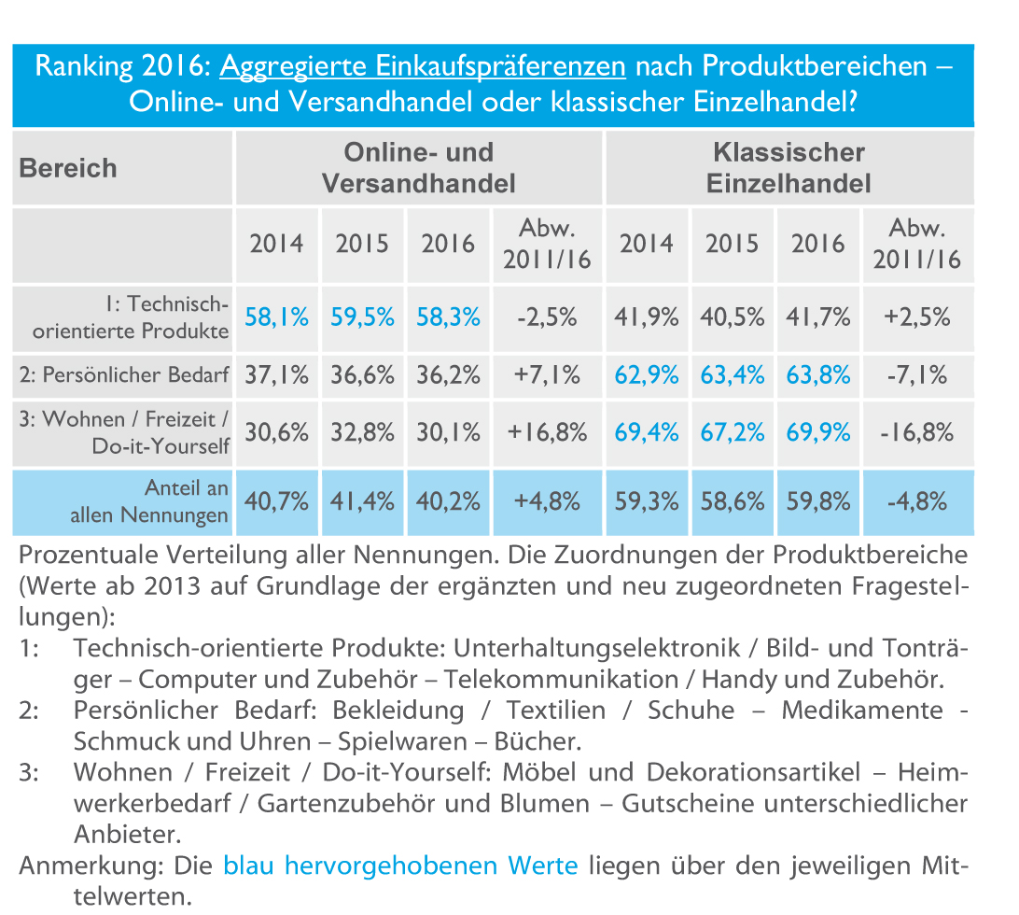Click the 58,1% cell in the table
(277, 317)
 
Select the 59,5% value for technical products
(363, 317)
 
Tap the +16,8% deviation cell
(547, 432)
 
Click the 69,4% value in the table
(648, 432)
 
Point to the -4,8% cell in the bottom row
(916, 500)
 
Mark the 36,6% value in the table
(363, 375)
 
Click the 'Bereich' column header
(69, 168)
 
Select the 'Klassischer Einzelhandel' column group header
(789, 168)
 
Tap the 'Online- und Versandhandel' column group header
(419, 168)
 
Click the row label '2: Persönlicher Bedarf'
(123, 375)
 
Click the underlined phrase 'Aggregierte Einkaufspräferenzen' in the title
(423, 67)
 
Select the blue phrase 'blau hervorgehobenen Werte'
(400, 866)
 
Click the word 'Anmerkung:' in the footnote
(93, 866)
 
